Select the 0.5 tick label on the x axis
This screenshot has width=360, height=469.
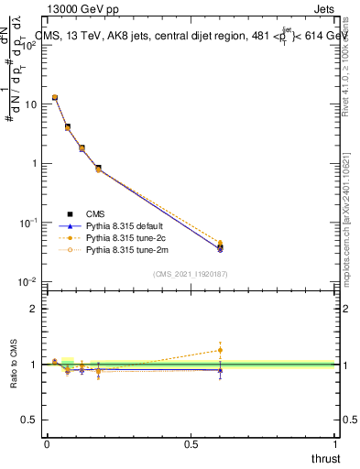191,443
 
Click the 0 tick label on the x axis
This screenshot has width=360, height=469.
47,443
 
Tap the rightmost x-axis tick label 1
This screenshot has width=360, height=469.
336,443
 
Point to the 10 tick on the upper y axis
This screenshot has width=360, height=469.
29,104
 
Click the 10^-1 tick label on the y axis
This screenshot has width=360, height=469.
27,223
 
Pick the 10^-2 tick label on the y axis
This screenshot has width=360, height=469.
27,282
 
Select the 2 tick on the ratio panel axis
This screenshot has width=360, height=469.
33,309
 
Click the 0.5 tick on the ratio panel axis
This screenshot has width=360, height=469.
29,419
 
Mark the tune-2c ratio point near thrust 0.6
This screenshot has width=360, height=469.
220,349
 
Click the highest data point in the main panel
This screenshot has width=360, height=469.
55,97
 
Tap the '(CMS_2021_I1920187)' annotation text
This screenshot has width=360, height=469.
191,273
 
